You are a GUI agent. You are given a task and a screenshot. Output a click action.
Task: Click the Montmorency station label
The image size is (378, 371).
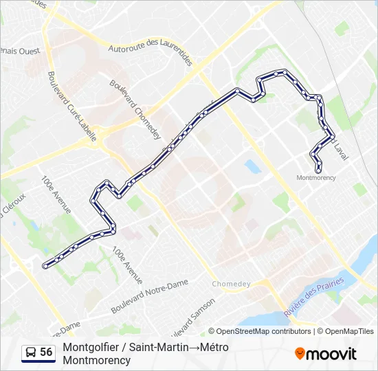[x=316, y=177]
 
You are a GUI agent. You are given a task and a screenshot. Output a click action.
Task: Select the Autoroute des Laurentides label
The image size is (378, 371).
[x=150, y=54]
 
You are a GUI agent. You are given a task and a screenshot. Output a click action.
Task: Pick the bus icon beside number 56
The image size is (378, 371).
[x=31, y=352]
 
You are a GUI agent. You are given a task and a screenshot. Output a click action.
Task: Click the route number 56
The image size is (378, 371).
[x=46, y=352]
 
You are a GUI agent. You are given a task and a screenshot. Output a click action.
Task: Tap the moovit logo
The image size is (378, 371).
[x=326, y=354]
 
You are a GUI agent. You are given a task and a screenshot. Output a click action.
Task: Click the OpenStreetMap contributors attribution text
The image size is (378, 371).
[x=259, y=331]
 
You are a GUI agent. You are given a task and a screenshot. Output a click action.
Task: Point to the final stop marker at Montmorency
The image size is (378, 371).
[x=319, y=170]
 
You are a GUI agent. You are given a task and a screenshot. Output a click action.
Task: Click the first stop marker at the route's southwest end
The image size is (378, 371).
[x=45, y=265]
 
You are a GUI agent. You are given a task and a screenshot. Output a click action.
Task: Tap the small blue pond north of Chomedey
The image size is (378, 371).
[x=251, y=166]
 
